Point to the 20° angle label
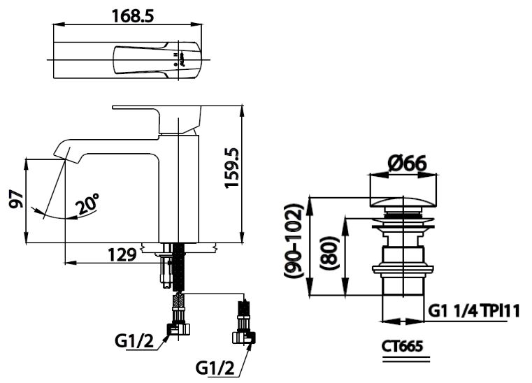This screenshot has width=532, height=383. click(88, 204)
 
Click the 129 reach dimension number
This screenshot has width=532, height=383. click(122, 255)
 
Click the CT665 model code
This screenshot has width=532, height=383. click(403, 346)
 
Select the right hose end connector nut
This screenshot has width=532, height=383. click(244, 338)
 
